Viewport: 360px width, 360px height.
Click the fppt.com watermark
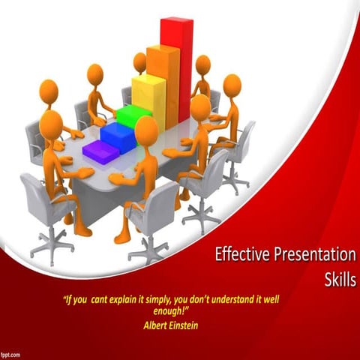pos(11,352)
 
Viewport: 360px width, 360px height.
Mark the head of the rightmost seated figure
pos(232,85)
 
